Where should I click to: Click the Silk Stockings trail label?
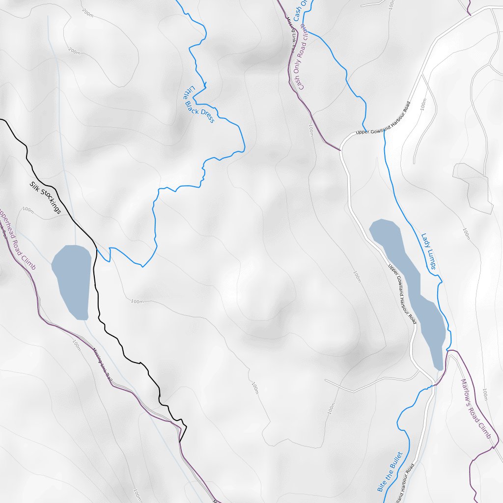pos(45,197)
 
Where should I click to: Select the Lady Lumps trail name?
pos(428,251)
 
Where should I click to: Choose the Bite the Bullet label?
pos(390,472)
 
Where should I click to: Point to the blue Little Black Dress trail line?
pos(155,216)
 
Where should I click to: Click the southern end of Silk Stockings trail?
pos(180,441)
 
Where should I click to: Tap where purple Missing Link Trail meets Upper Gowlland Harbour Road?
pos(340,149)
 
